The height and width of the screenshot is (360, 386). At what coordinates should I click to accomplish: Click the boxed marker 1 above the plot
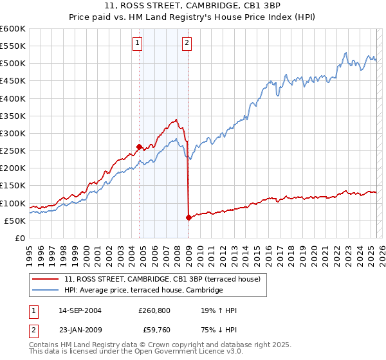pos(138,43)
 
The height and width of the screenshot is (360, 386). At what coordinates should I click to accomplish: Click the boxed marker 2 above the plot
pos(187,43)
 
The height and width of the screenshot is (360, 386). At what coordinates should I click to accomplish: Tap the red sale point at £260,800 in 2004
pos(140,147)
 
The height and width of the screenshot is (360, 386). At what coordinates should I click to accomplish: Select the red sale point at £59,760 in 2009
pos(188,217)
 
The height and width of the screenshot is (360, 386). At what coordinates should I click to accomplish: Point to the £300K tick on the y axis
pos(13,133)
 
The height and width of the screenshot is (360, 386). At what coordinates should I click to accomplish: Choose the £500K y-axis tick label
pos(13,64)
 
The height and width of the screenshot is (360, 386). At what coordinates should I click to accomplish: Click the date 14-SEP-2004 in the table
pos(79,310)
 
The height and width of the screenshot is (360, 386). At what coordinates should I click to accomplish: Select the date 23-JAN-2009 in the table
pos(79,330)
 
